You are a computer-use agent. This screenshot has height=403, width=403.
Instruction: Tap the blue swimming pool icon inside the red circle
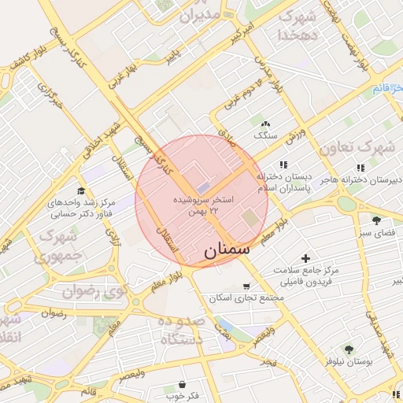click(x=203, y=187)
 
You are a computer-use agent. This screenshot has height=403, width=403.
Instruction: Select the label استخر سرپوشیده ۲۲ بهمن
click(x=201, y=206)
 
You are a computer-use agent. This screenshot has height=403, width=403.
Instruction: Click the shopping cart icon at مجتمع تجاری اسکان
click(x=246, y=287)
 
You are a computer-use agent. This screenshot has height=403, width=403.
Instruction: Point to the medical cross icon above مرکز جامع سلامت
click(x=306, y=258)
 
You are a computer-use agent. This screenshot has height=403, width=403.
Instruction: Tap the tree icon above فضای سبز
click(x=376, y=220)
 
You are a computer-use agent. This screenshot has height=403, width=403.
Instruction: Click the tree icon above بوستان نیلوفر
click(x=348, y=349)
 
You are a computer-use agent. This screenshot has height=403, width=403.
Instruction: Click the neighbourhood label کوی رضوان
click(x=94, y=290)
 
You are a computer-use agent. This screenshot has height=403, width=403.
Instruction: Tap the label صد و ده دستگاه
click(x=182, y=331)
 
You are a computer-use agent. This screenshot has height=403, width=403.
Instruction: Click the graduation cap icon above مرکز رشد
click(x=81, y=190)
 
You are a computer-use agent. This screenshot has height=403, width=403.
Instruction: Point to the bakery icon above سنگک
click(x=265, y=124)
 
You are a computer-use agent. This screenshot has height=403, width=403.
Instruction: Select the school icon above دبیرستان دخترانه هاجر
click(x=360, y=168)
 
